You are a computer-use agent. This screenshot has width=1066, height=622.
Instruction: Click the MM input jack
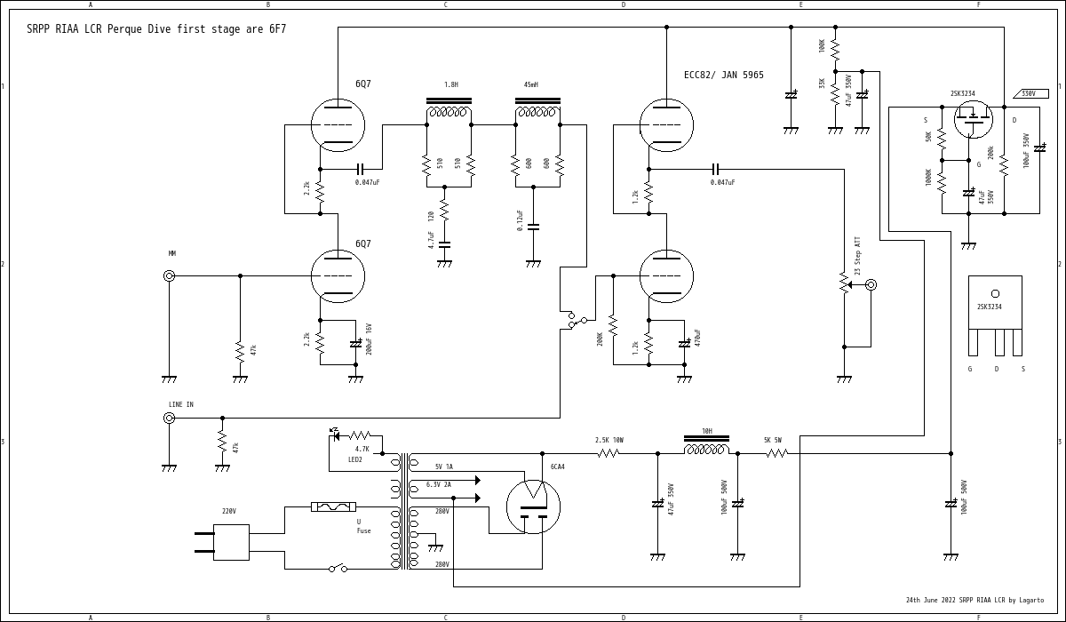point(169,275)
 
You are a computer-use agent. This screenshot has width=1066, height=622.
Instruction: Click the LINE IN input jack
point(169,418)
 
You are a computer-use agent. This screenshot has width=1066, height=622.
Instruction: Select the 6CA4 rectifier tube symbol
point(533,506)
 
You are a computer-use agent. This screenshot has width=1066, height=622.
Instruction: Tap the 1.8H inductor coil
point(449,112)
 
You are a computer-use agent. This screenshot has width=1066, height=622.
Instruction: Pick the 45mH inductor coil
point(537,112)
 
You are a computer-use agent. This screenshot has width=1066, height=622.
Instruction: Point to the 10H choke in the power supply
point(706,449)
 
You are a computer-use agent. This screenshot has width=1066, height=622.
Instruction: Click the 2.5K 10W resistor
point(609,453)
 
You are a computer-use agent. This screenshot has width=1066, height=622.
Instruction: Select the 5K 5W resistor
point(777,453)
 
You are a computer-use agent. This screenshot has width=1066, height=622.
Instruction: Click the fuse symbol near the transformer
point(334,506)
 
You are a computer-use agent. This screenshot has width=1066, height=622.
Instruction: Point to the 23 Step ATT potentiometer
point(844,284)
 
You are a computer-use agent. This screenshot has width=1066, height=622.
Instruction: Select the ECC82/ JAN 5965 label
point(723,76)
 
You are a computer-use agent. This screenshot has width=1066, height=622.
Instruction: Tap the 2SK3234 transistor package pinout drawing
point(995,315)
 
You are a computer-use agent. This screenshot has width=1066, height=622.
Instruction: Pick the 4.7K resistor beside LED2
point(360,435)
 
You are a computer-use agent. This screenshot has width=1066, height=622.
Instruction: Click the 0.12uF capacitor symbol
point(533,227)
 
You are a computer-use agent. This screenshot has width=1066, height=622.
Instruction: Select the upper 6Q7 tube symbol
point(338,124)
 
